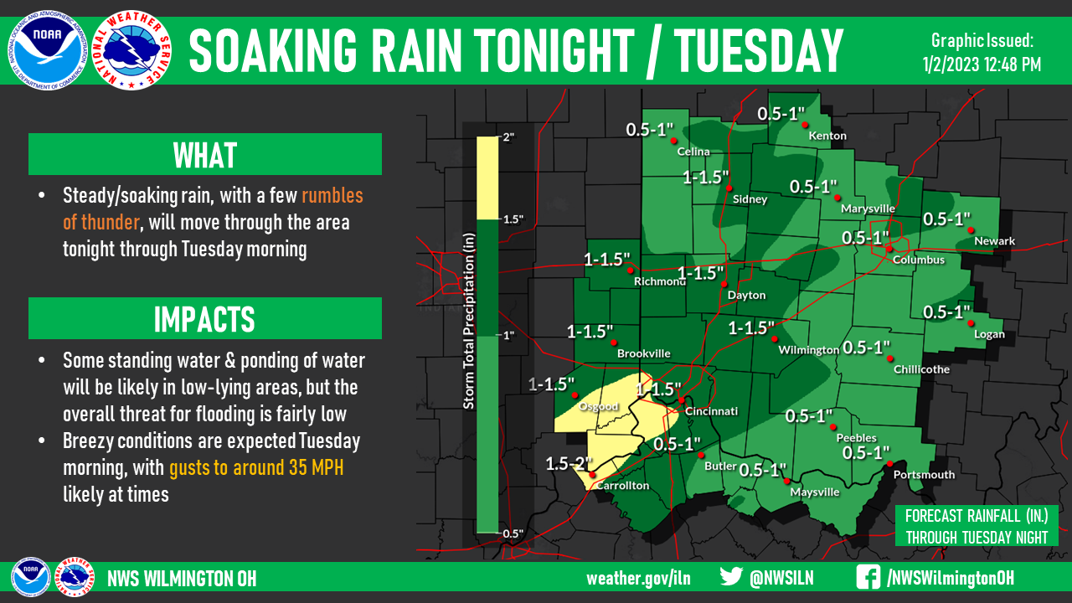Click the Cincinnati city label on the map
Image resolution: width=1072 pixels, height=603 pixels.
(711, 411)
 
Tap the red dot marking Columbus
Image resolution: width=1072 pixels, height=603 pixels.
(889, 249)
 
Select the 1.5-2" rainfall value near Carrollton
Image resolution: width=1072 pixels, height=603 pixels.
(569, 463)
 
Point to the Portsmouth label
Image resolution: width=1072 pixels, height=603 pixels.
(924, 475)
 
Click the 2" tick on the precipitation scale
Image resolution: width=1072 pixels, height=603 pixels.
(508, 136)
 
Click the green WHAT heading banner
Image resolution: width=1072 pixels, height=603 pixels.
(205, 155)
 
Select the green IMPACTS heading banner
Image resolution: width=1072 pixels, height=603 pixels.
(205, 319)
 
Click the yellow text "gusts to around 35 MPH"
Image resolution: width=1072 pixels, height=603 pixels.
(256, 467)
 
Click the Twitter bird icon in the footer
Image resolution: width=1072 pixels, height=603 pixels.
(732, 577)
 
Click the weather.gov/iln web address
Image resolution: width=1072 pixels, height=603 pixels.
(638, 578)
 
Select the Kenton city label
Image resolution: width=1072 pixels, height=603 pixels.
(827, 136)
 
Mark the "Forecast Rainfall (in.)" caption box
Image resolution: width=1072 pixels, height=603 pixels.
(976, 525)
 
